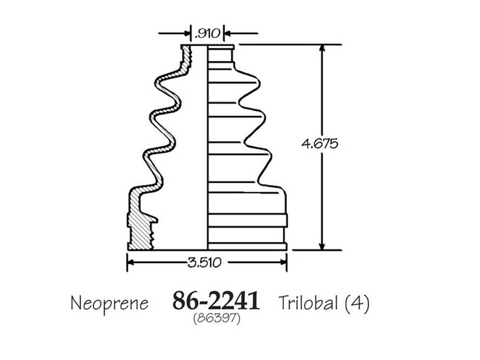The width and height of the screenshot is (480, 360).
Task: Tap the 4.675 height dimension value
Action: [x=320, y=144]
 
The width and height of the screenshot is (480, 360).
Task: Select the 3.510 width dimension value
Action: [x=204, y=262]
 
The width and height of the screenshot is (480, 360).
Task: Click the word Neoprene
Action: [x=109, y=303]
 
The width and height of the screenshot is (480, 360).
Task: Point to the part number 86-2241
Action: [x=216, y=300]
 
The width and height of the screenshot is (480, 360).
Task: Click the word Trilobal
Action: [x=308, y=302]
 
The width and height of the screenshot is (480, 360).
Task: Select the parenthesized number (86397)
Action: [x=217, y=319]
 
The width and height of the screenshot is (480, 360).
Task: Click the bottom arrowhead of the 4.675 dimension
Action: [x=322, y=246]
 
